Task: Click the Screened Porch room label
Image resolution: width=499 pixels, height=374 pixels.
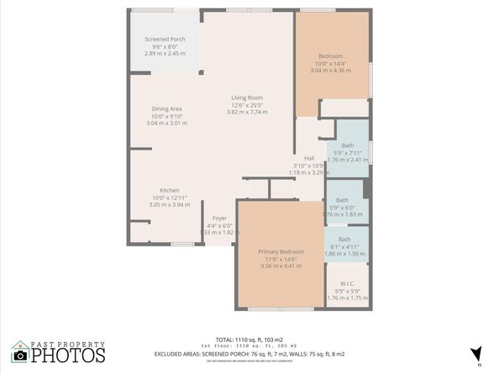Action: [165, 39]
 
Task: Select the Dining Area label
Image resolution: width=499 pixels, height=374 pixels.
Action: [167, 108]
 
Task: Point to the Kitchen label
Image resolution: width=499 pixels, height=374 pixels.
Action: [170, 190]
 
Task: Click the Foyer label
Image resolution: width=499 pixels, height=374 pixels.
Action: [219, 218]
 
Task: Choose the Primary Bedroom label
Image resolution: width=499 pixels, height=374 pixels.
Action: [281, 252]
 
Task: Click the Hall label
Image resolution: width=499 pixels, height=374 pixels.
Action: [308, 157]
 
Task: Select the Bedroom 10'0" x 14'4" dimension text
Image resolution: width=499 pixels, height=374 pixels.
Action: [330, 64]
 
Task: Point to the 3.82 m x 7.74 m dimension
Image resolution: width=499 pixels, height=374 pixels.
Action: [247, 112]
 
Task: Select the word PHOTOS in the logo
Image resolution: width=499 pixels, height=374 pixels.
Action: [69, 356]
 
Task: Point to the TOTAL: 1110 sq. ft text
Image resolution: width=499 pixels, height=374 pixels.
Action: [250, 338]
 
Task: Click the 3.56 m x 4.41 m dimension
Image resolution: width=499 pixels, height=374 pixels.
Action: [280, 266]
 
